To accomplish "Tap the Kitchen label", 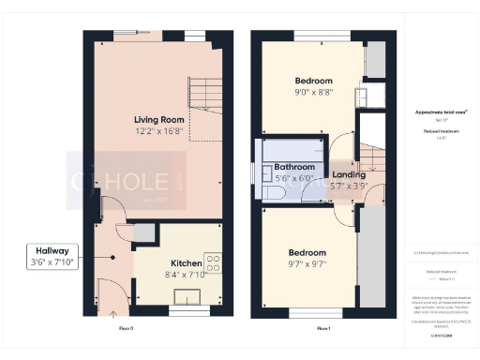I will pos(187,263).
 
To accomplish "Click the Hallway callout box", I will pos(54,257).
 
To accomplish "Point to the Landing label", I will pos(349,174).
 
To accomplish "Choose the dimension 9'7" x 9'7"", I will pos(307,265).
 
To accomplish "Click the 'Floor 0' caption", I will pos(127,329).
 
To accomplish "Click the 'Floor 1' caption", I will pos(322,329).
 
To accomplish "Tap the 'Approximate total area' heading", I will pos(440,112).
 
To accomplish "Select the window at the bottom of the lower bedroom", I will pos(303,312).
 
